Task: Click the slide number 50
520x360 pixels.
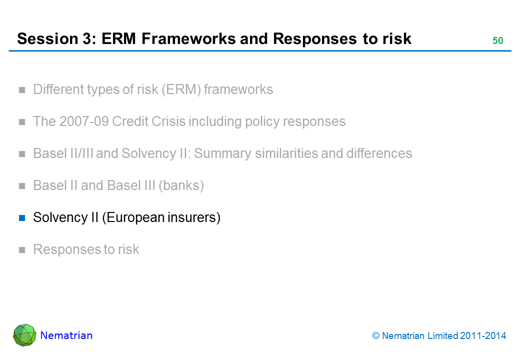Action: coord(498,41)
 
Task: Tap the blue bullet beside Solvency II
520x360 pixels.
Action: coord(22,218)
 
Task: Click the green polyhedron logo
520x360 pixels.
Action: coord(24,335)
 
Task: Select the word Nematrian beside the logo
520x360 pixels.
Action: coord(66,335)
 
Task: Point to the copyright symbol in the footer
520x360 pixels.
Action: coord(375,336)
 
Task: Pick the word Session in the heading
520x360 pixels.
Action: coord(47,39)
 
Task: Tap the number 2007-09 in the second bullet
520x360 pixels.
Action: coord(84,121)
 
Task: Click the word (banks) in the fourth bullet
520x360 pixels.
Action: coord(181,185)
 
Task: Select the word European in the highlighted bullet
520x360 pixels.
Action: coord(135,218)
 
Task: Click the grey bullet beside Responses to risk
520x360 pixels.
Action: coord(22,250)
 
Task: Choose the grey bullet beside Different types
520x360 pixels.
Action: coord(22,90)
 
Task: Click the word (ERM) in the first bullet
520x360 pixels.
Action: coord(181,89)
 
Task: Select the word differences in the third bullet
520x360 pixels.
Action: coord(379,153)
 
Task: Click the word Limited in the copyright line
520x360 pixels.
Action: coord(442,336)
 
